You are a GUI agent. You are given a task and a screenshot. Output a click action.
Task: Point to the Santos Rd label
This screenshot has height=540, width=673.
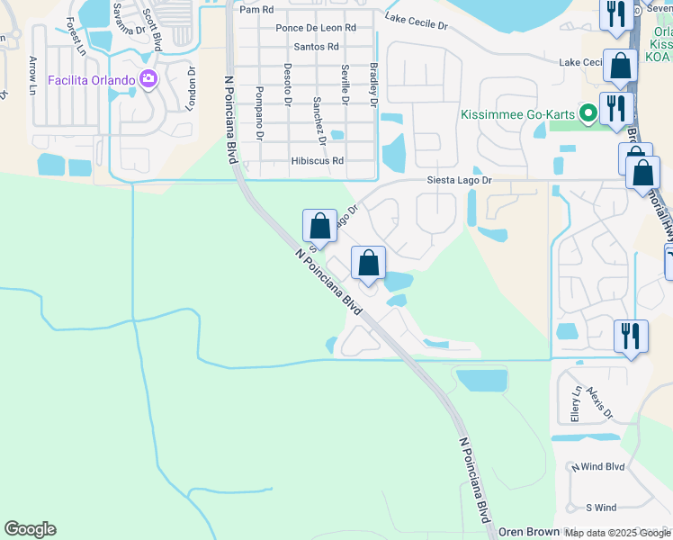315,46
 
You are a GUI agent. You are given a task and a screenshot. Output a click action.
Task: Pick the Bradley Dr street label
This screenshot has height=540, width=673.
373,85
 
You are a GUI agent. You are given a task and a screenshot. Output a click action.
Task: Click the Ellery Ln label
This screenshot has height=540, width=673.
575,404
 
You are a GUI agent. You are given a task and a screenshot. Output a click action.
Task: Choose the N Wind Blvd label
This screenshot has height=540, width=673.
597,467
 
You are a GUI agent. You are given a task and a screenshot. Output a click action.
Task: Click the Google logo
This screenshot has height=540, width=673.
30,529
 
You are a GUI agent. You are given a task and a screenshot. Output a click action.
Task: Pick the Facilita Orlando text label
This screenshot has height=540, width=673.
92,79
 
